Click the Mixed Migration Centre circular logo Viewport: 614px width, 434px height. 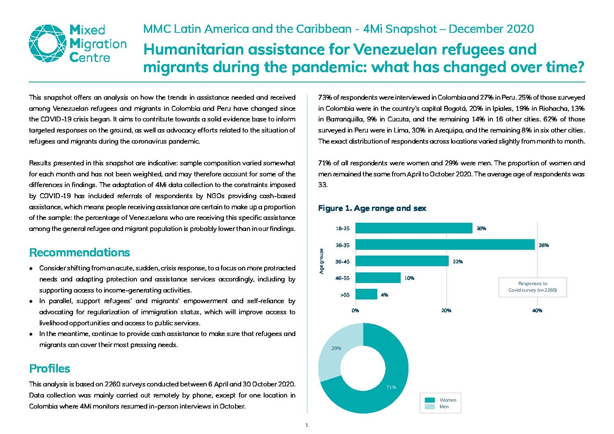coord(48,43)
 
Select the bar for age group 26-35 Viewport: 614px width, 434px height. coord(445,244)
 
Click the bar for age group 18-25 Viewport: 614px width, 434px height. coord(414,228)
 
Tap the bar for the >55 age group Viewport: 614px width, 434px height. coord(366,294)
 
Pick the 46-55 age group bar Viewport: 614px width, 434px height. coord(378,278)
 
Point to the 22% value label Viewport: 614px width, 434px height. coord(458,262)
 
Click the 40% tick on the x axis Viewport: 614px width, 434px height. coord(537,311)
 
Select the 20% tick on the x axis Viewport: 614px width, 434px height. coord(446,311)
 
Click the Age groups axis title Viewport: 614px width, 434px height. coord(322,261)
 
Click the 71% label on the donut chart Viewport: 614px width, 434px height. coord(391,387)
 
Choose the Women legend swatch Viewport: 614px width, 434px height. coord(429,400)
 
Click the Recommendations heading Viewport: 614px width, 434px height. coord(80,253)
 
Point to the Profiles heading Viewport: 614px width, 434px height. coord(50,368)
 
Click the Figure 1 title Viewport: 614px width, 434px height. coord(372,208)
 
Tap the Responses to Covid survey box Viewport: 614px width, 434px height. coord(533,287)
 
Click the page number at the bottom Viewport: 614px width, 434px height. coord(307,425)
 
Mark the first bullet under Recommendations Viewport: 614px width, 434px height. coord(31,268)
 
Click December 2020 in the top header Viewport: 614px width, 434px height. coord(491,29)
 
